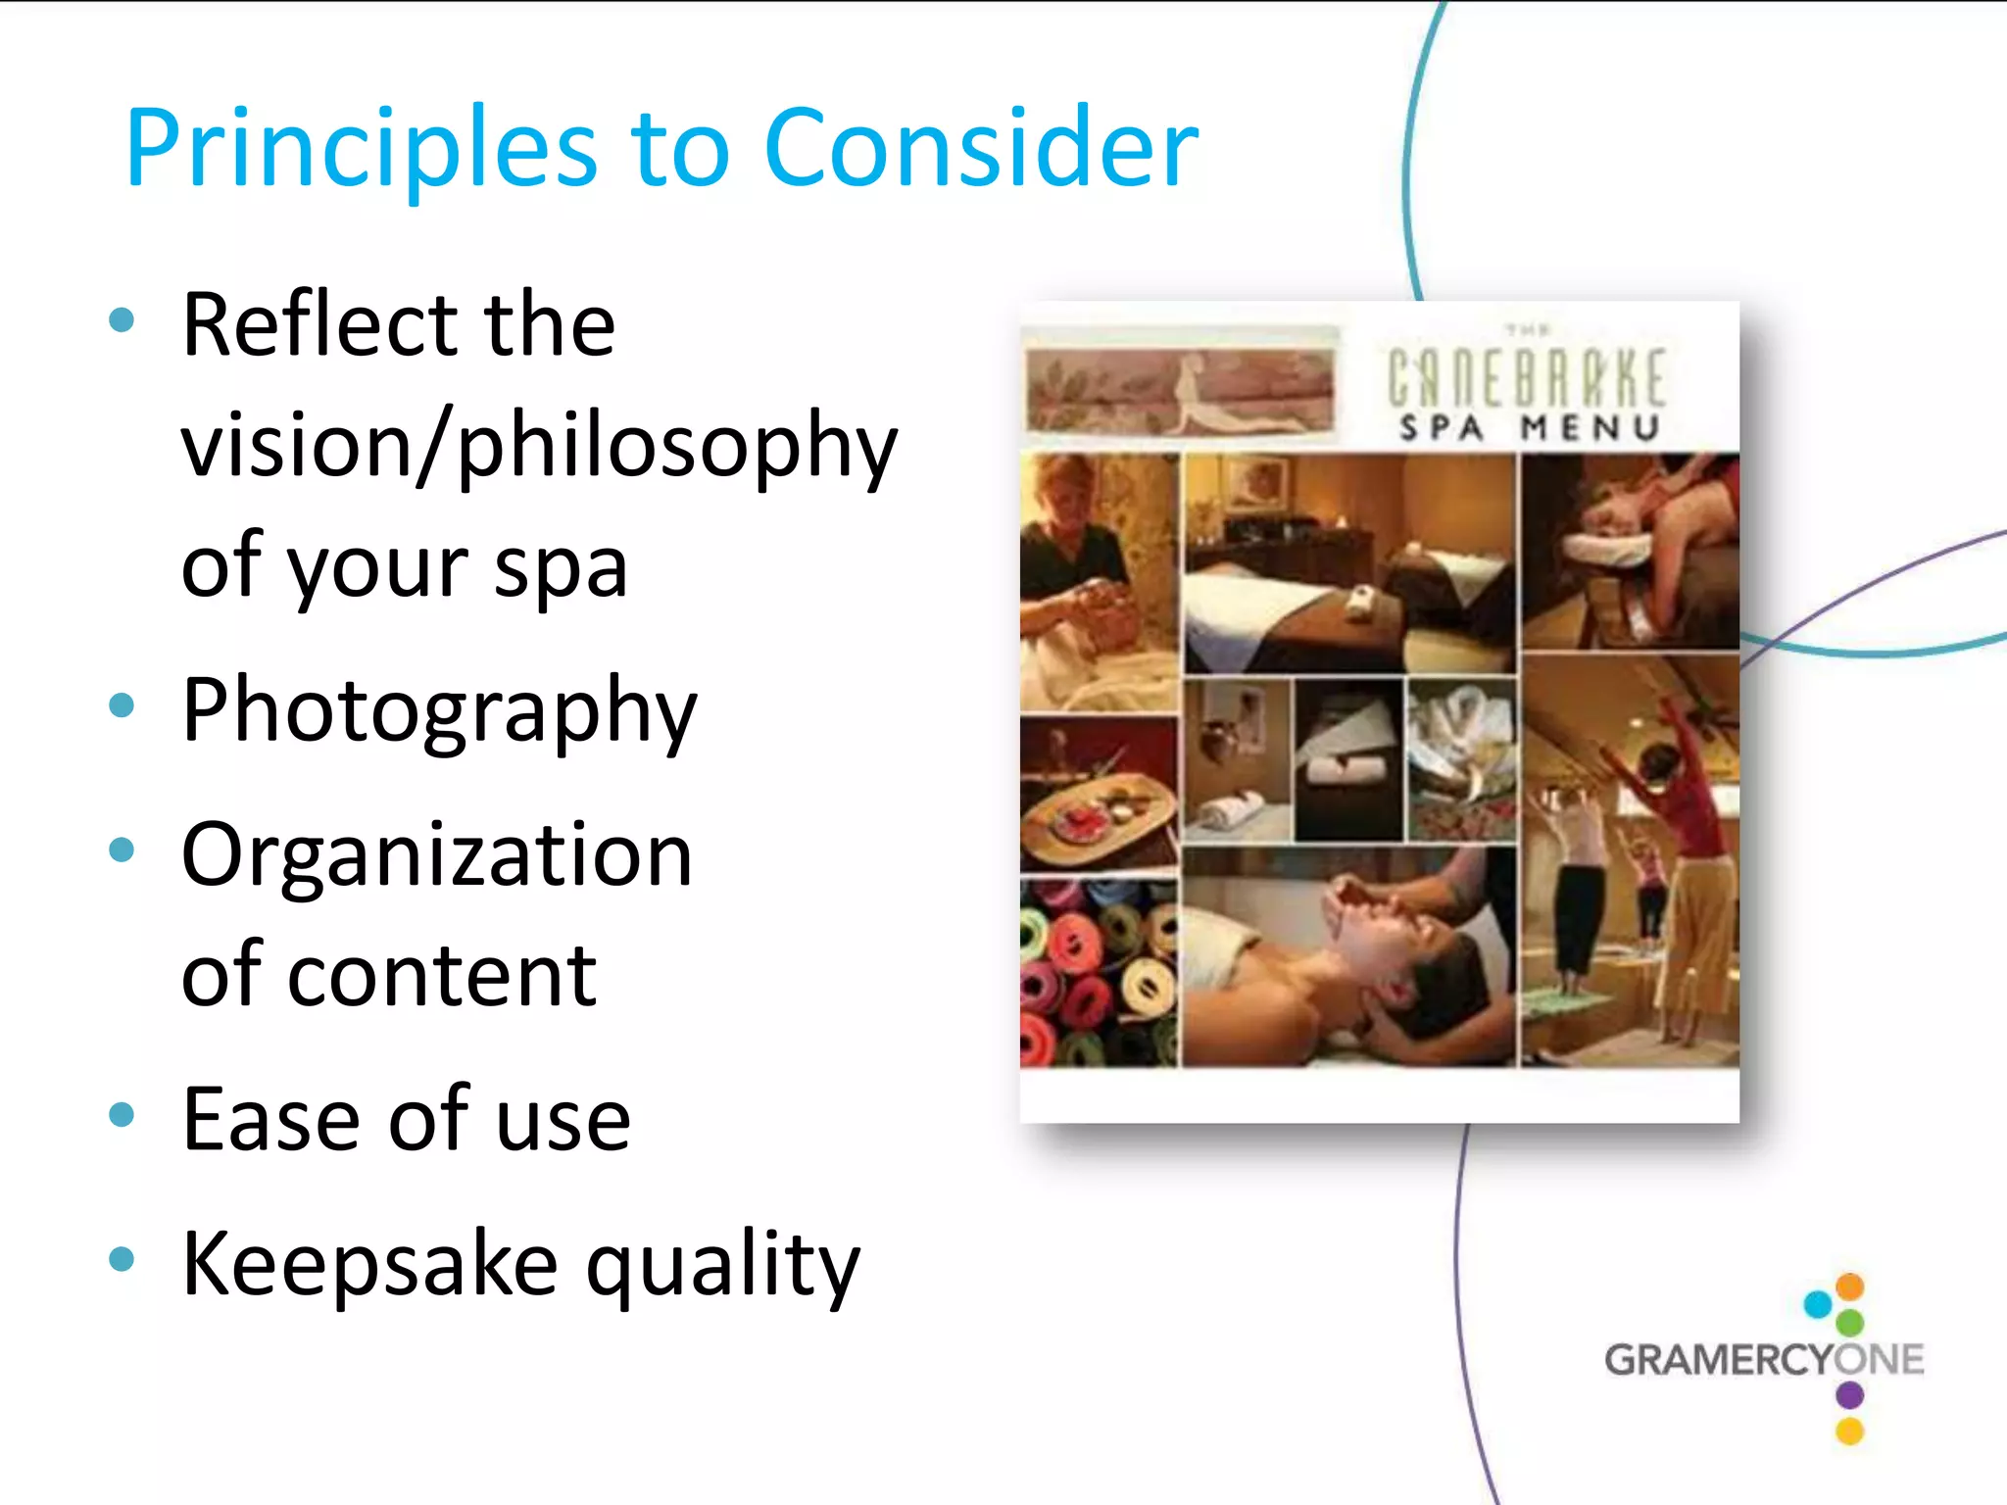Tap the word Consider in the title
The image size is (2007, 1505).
980,147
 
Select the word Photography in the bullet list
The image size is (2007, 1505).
439,711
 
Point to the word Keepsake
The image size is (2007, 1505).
370,1264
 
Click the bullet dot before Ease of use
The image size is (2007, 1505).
122,1115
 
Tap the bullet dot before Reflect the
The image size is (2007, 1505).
122,320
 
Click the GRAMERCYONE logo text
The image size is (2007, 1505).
1764,1360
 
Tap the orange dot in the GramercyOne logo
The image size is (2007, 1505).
1850,1286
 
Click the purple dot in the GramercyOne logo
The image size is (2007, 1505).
1850,1394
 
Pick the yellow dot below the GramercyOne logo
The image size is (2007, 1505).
1850,1432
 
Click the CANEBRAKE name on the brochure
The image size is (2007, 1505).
1527,378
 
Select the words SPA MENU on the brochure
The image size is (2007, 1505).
1529,428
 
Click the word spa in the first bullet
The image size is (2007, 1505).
561,568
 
